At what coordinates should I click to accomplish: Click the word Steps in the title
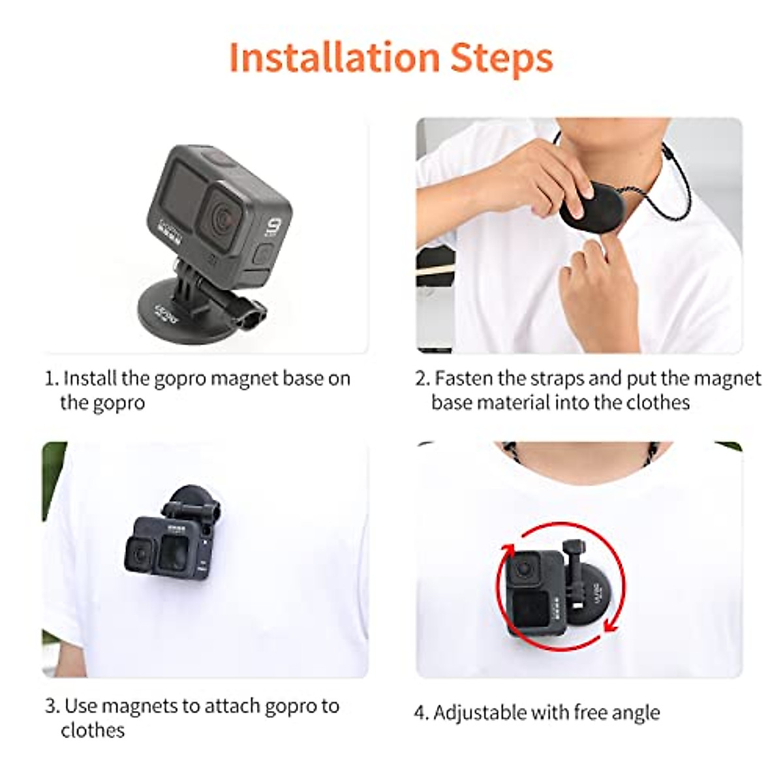(x=502, y=59)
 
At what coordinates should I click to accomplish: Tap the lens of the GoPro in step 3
(x=140, y=554)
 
